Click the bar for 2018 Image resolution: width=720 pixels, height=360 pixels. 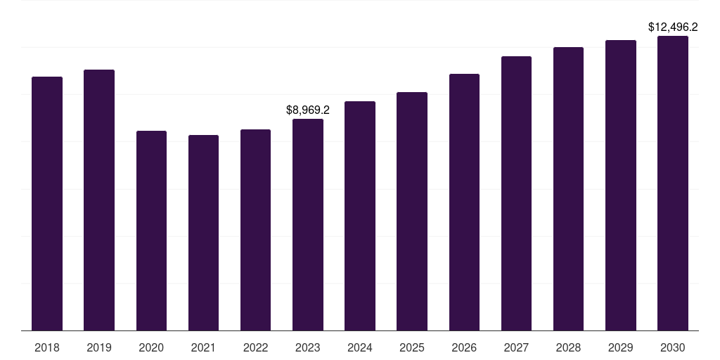coord(47,204)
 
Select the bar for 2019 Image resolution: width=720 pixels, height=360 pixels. coord(99,200)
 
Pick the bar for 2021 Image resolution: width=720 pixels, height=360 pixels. coord(203,233)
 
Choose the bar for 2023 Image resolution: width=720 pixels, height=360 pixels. coord(308,225)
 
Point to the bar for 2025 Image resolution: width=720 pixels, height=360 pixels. coord(412,212)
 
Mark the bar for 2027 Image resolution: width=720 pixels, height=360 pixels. coord(516,193)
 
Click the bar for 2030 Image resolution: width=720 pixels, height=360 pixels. coord(673,184)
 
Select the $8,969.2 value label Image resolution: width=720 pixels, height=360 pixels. coord(308,110)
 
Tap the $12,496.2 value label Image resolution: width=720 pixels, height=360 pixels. coord(673,27)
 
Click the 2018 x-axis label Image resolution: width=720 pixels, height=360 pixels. coord(47,347)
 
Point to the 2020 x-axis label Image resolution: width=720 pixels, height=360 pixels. coord(151,347)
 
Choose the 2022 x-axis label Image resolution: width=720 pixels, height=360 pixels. coord(255,347)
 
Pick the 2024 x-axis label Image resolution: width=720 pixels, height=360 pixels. coord(360,347)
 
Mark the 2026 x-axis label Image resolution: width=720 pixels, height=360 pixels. coord(464,347)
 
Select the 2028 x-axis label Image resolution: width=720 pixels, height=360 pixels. coord(568,347)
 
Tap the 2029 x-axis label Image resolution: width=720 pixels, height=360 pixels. coord(621,347)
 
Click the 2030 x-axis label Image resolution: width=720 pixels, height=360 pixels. coord(673,347)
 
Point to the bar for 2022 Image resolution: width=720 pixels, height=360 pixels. coord(255,230)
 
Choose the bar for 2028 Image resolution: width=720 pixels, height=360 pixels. coord(568,189)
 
